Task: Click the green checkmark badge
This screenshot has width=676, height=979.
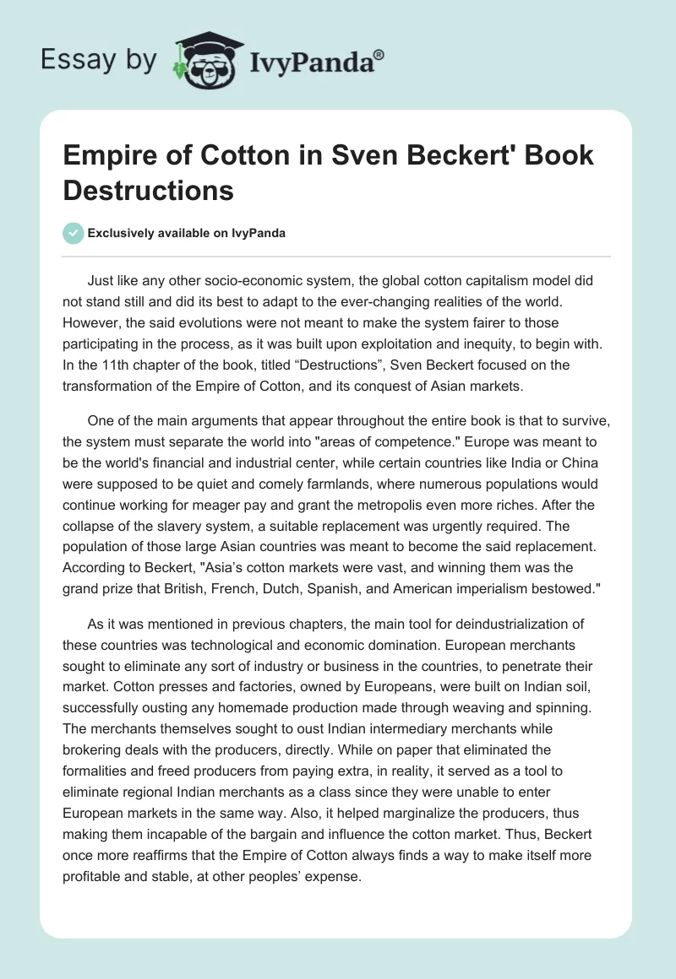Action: tap(74, 233)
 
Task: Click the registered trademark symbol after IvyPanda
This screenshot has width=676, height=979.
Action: tap(379, 52)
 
